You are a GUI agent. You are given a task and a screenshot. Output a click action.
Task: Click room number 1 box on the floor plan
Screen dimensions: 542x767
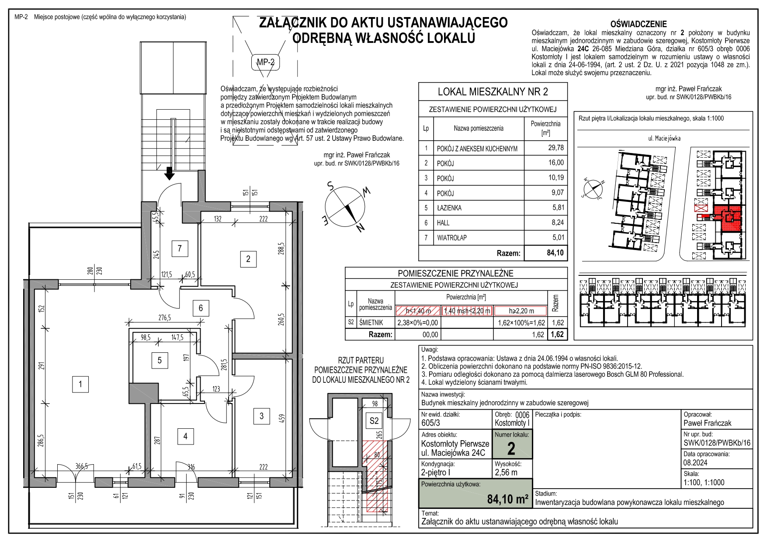[x=80, y=384]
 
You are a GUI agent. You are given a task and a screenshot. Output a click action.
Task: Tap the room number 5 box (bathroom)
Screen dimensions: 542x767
[x=160, y=360]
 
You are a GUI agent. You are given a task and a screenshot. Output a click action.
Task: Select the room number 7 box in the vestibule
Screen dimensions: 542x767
[x=180, y=249]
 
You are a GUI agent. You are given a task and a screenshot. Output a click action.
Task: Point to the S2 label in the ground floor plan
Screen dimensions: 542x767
[x=374, y=421]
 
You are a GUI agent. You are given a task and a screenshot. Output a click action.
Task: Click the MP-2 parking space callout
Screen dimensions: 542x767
[x=265, y=63]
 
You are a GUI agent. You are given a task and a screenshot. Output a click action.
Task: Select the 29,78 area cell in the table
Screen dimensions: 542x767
[x=555, y=148]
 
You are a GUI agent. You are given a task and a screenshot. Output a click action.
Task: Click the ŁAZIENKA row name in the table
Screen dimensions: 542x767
[x=449, y=208]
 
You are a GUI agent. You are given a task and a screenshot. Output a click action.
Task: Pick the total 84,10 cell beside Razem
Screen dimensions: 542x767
[x=555, y=253]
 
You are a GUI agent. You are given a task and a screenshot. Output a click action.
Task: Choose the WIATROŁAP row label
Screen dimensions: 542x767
[x=451, y=238]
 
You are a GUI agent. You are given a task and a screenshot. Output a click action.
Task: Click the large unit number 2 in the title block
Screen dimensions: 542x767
[x=511, y=449]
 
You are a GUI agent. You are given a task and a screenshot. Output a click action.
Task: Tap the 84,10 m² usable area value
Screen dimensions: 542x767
[x=507, y=499]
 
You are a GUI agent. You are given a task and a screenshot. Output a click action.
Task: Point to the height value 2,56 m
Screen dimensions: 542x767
[x=506, y=473]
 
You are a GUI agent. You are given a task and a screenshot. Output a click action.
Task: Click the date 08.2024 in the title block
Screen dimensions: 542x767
[x=695, y=463]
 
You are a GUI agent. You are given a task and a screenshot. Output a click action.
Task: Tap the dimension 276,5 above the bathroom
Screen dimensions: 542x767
[x=164, y=318]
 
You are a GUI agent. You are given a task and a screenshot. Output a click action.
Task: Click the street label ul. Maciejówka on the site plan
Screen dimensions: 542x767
[x=664, y=139]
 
